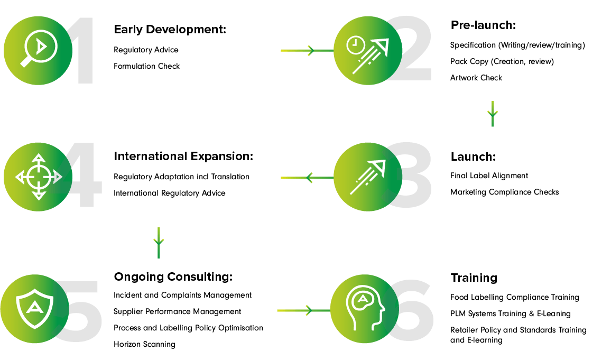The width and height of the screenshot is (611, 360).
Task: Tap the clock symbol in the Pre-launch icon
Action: point(355,45)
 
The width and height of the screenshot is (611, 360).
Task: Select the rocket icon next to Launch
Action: point(367,177)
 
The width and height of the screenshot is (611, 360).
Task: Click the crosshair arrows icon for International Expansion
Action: point(38,177)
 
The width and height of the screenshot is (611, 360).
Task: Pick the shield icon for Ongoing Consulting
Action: point(35,309)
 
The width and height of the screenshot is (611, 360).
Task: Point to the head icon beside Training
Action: point(365,308)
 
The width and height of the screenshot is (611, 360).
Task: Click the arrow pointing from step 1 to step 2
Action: point(307,51)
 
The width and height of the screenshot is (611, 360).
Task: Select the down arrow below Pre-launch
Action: point(493,114)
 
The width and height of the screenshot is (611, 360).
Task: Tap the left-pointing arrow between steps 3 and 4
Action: point(307,178)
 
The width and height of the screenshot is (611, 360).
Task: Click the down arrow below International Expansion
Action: point(159,243)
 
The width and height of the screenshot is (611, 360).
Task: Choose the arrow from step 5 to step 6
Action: point(304,310)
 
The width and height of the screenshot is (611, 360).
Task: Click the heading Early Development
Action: point(170,30)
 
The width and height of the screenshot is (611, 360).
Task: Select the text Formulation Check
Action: point(146,66)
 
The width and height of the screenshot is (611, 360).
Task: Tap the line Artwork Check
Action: point(476,78)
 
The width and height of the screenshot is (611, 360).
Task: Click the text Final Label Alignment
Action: point(489,176)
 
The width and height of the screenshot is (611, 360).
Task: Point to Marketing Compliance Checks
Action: point(505,192)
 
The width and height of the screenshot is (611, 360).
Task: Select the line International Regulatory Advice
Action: point(170,193)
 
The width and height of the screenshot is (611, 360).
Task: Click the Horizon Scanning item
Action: point(145,345)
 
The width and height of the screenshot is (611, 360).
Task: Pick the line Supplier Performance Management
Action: point(177,312)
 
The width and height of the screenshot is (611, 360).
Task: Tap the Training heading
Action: point(474,278)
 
